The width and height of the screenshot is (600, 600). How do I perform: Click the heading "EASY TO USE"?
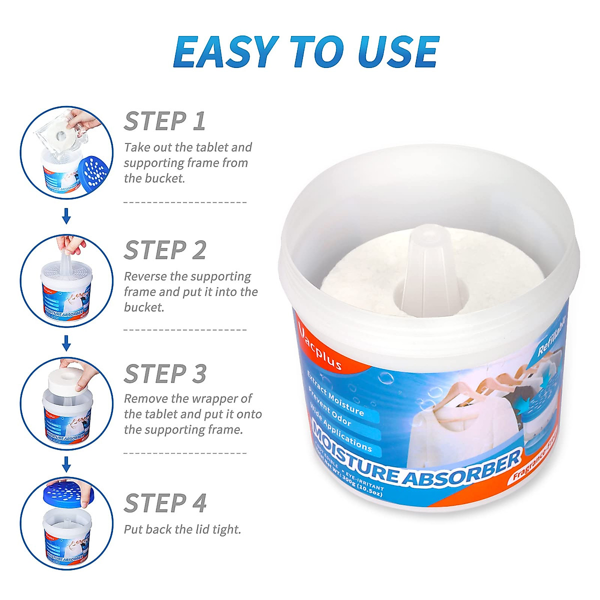306,52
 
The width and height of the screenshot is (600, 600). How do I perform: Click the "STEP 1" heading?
164,121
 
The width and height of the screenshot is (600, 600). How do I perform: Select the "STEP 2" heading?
165,250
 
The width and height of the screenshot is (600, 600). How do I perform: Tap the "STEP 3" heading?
165,374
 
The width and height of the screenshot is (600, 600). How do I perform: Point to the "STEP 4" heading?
165,503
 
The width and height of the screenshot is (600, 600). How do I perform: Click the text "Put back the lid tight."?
182,529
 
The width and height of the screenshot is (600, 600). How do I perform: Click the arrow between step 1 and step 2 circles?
66,216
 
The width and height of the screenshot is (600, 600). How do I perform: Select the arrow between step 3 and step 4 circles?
66,464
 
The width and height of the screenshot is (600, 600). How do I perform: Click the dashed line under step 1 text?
185,202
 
